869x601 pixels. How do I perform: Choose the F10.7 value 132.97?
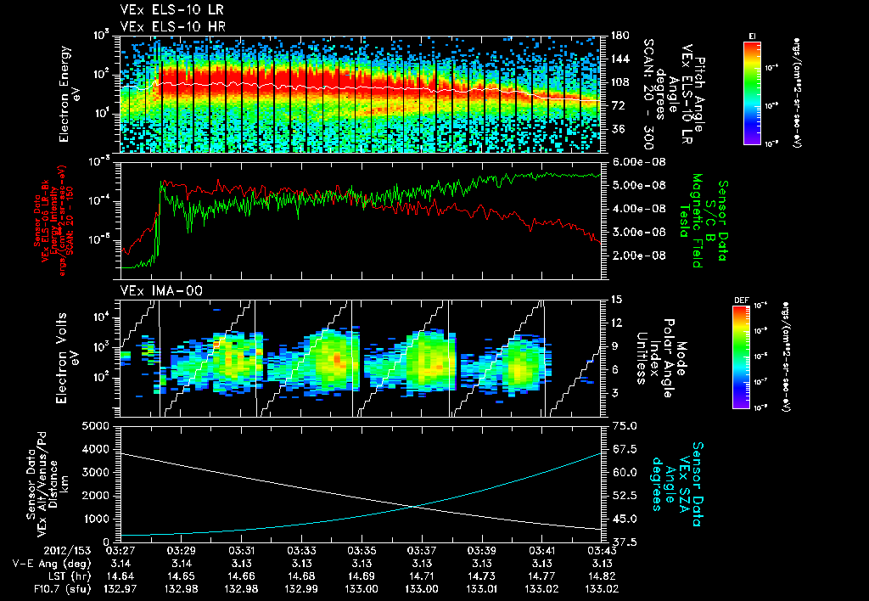pyautogui.click(x=123, y=587)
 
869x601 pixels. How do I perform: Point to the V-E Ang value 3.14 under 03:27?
pyautogui.click(x=123, y=563)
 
